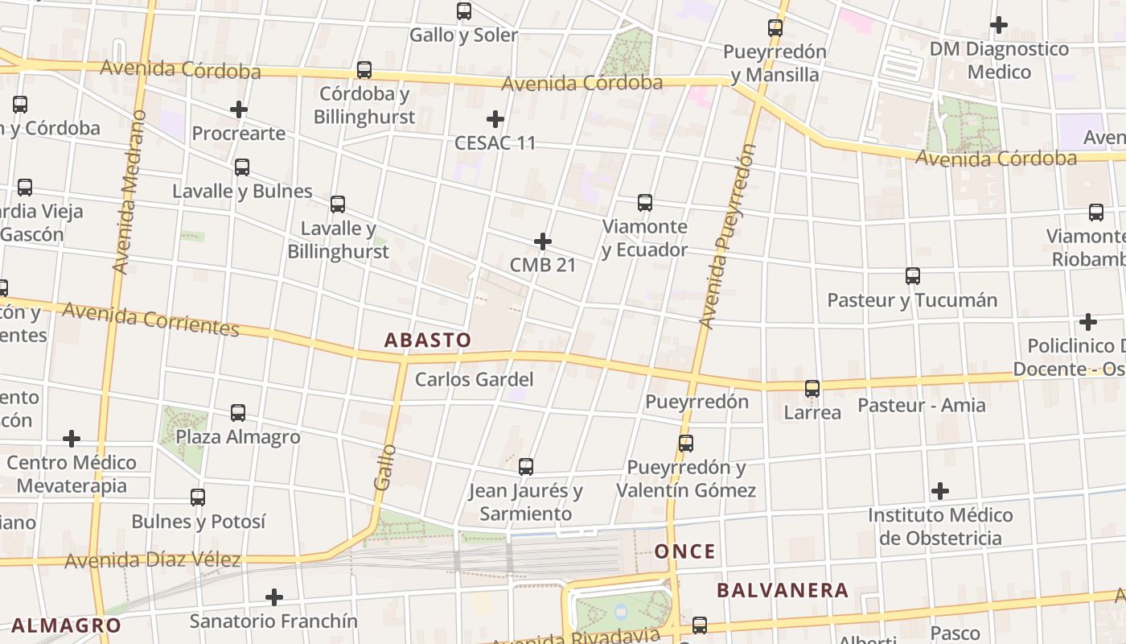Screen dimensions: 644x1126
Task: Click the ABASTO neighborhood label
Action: point(427,340)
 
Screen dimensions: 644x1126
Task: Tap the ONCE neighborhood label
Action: point(684,551)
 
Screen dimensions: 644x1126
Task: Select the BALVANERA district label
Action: point(782,590)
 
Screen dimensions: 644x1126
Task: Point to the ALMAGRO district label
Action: point(66,625)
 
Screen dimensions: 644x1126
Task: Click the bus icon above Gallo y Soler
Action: point(464,11)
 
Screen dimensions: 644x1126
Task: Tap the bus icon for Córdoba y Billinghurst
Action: point(364,70)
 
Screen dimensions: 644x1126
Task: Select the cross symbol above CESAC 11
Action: point(495,120)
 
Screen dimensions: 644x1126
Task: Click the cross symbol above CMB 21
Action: point(543,241)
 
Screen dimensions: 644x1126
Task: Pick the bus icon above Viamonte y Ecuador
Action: point(645,203)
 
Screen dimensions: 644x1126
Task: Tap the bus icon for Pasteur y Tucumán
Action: point(913,276)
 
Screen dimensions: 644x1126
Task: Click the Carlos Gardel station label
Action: point(474,379)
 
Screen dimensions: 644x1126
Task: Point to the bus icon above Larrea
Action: point(812,389)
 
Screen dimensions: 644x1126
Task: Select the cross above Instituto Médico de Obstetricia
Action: point(939,490)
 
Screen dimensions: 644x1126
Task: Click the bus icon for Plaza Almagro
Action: point(238,413)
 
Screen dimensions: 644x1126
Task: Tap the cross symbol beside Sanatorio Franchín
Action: point(274,597)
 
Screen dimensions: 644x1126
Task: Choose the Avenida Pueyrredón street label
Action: point(727,237)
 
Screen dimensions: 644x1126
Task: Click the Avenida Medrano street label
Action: point(129,192)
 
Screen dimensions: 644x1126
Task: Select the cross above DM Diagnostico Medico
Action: point(999,25)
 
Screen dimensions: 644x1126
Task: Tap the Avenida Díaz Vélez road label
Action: point(153,559)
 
